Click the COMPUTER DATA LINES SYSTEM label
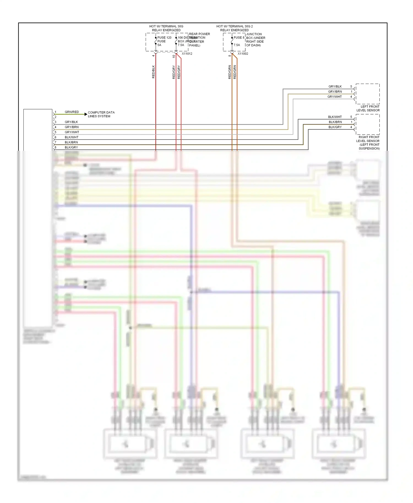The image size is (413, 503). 101,114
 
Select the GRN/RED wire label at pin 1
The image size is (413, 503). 72,112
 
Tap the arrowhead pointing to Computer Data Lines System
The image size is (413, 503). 86,114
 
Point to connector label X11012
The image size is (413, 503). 187,54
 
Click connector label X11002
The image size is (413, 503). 243,54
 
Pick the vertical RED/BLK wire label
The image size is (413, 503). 153,72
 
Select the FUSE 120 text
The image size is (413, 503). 164,38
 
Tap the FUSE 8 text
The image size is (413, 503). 239,38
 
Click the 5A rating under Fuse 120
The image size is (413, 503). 159,45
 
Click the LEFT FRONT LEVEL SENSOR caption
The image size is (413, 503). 368,108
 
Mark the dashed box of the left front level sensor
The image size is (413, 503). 368,94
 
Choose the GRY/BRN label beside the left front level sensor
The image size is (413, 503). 335,92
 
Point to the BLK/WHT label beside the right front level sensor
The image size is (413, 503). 335,117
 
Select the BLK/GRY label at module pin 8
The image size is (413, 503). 71,147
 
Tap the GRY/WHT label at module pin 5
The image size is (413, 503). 72,132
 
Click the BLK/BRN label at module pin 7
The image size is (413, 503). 71,142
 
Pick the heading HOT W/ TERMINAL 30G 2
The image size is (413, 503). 234,26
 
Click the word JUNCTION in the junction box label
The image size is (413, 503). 254,34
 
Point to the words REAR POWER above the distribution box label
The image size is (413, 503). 199,34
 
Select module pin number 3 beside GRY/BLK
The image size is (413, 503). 55,122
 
